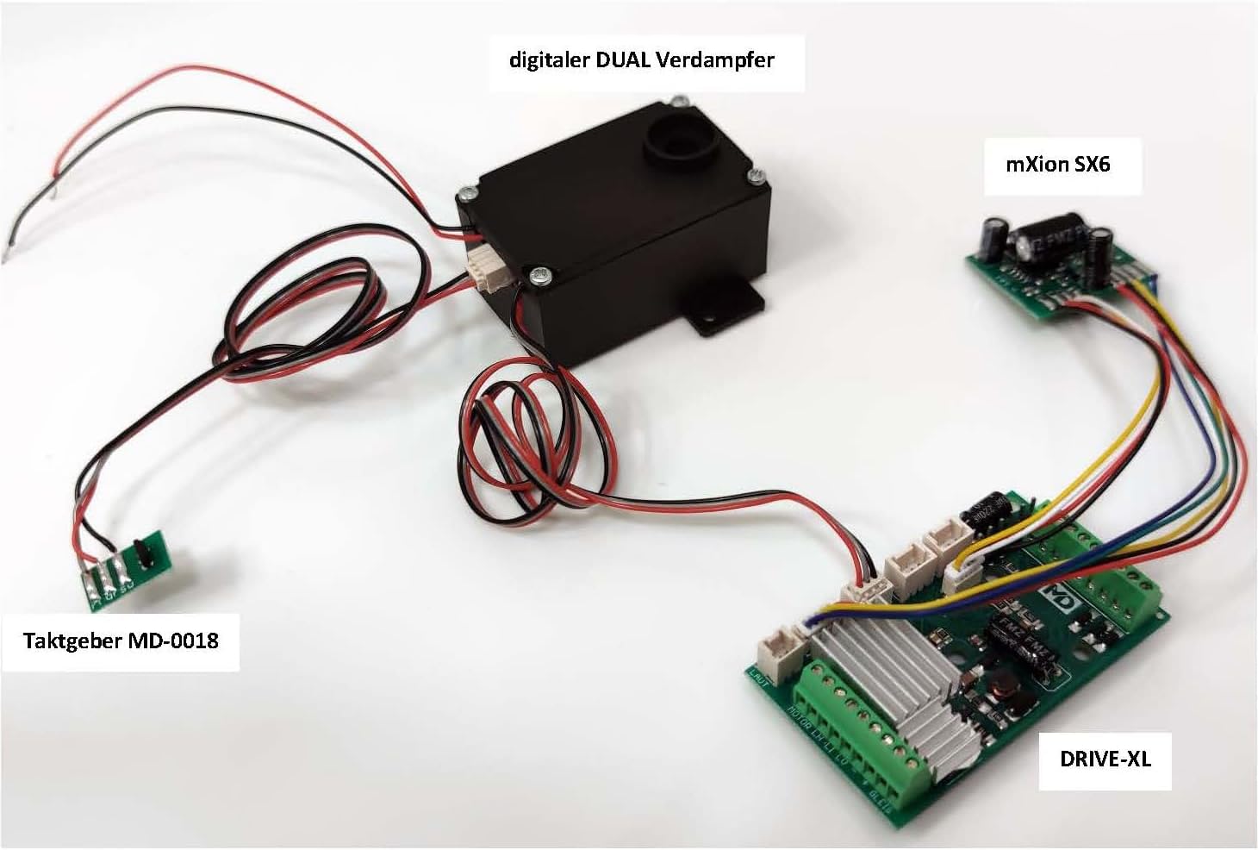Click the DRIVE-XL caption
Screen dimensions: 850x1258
(1105, 759)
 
